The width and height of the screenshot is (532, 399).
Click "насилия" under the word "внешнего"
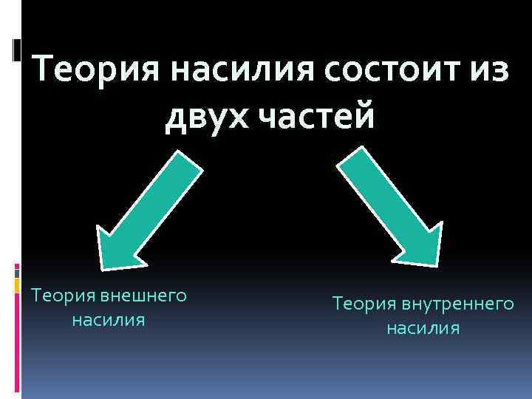tap(108, 321)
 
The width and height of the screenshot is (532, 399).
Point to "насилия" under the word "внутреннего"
tap(423, 328)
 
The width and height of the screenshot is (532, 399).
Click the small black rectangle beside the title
tap(17, 50)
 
